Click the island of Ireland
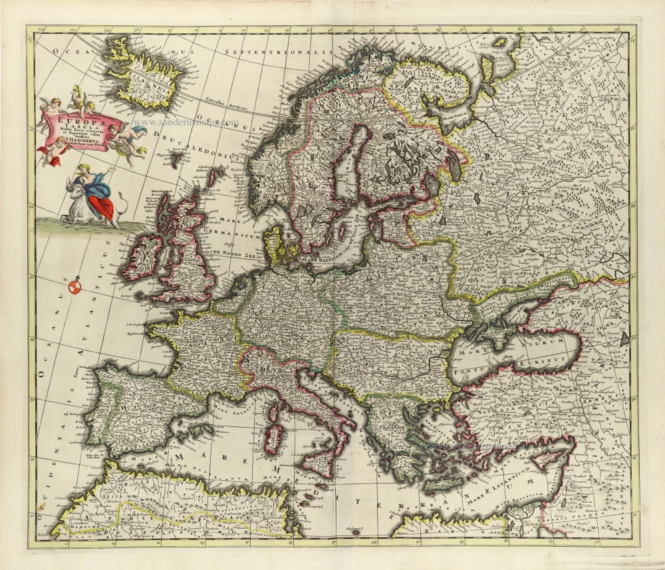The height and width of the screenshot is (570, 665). [x=142, y=255]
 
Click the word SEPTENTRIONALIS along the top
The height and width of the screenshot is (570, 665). [x=277, y=52]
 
